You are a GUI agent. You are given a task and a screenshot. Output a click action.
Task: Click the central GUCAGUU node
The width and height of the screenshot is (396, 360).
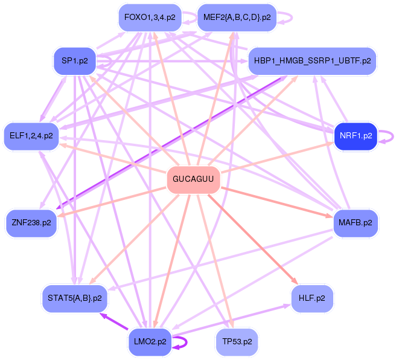(x=193, y=179)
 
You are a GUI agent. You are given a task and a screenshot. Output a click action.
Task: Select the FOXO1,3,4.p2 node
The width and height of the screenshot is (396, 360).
(x=150, y=18)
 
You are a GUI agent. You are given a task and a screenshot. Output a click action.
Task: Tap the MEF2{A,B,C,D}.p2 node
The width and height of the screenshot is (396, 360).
(x=237, y=18)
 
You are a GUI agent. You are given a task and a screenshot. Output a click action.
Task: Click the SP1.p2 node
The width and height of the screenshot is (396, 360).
(x=75, y=60)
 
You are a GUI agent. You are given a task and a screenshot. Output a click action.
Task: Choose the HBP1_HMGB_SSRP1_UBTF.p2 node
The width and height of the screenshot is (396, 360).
(x=313, y=61)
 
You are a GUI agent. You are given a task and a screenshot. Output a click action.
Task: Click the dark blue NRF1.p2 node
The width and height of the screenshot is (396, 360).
(x=356, y=136)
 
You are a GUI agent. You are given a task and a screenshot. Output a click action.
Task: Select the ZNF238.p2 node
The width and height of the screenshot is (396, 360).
(x=31, y=223)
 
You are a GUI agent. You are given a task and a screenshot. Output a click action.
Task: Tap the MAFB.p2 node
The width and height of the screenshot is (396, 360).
(x=356, y=223)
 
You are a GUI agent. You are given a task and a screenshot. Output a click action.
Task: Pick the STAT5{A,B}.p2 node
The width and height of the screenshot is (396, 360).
(x=75, y=298)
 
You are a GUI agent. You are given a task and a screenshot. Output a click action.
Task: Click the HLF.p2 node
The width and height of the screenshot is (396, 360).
(x=311, y=298)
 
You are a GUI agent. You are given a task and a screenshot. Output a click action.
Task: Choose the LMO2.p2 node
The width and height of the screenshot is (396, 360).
(x=150, y=341)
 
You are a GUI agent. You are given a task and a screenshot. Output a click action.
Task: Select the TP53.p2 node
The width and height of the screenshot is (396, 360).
(x=237, y=341)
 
